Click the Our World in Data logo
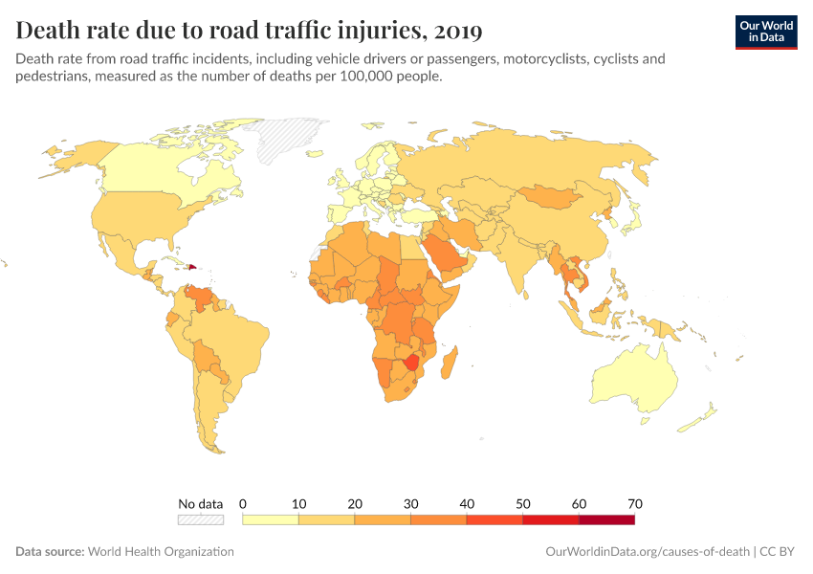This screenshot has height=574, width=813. [x=765, y=31]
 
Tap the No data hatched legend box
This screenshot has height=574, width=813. [x=200, y=519]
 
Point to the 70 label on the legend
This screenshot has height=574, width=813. [x=634, y=503]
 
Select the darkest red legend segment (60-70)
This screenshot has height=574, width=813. [x=606, y=519]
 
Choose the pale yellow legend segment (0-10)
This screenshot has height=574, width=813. [x=271, y=519]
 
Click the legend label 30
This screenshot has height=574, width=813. [x=410, y=503]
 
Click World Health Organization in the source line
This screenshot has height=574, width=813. [x=160, y=552]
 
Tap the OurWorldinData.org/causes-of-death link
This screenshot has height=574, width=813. [x=647, y=552]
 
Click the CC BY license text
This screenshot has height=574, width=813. [x=779, y=552]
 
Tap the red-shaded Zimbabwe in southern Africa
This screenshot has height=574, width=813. [x=412, y=362]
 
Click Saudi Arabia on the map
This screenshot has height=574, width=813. [x=448, y=253]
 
